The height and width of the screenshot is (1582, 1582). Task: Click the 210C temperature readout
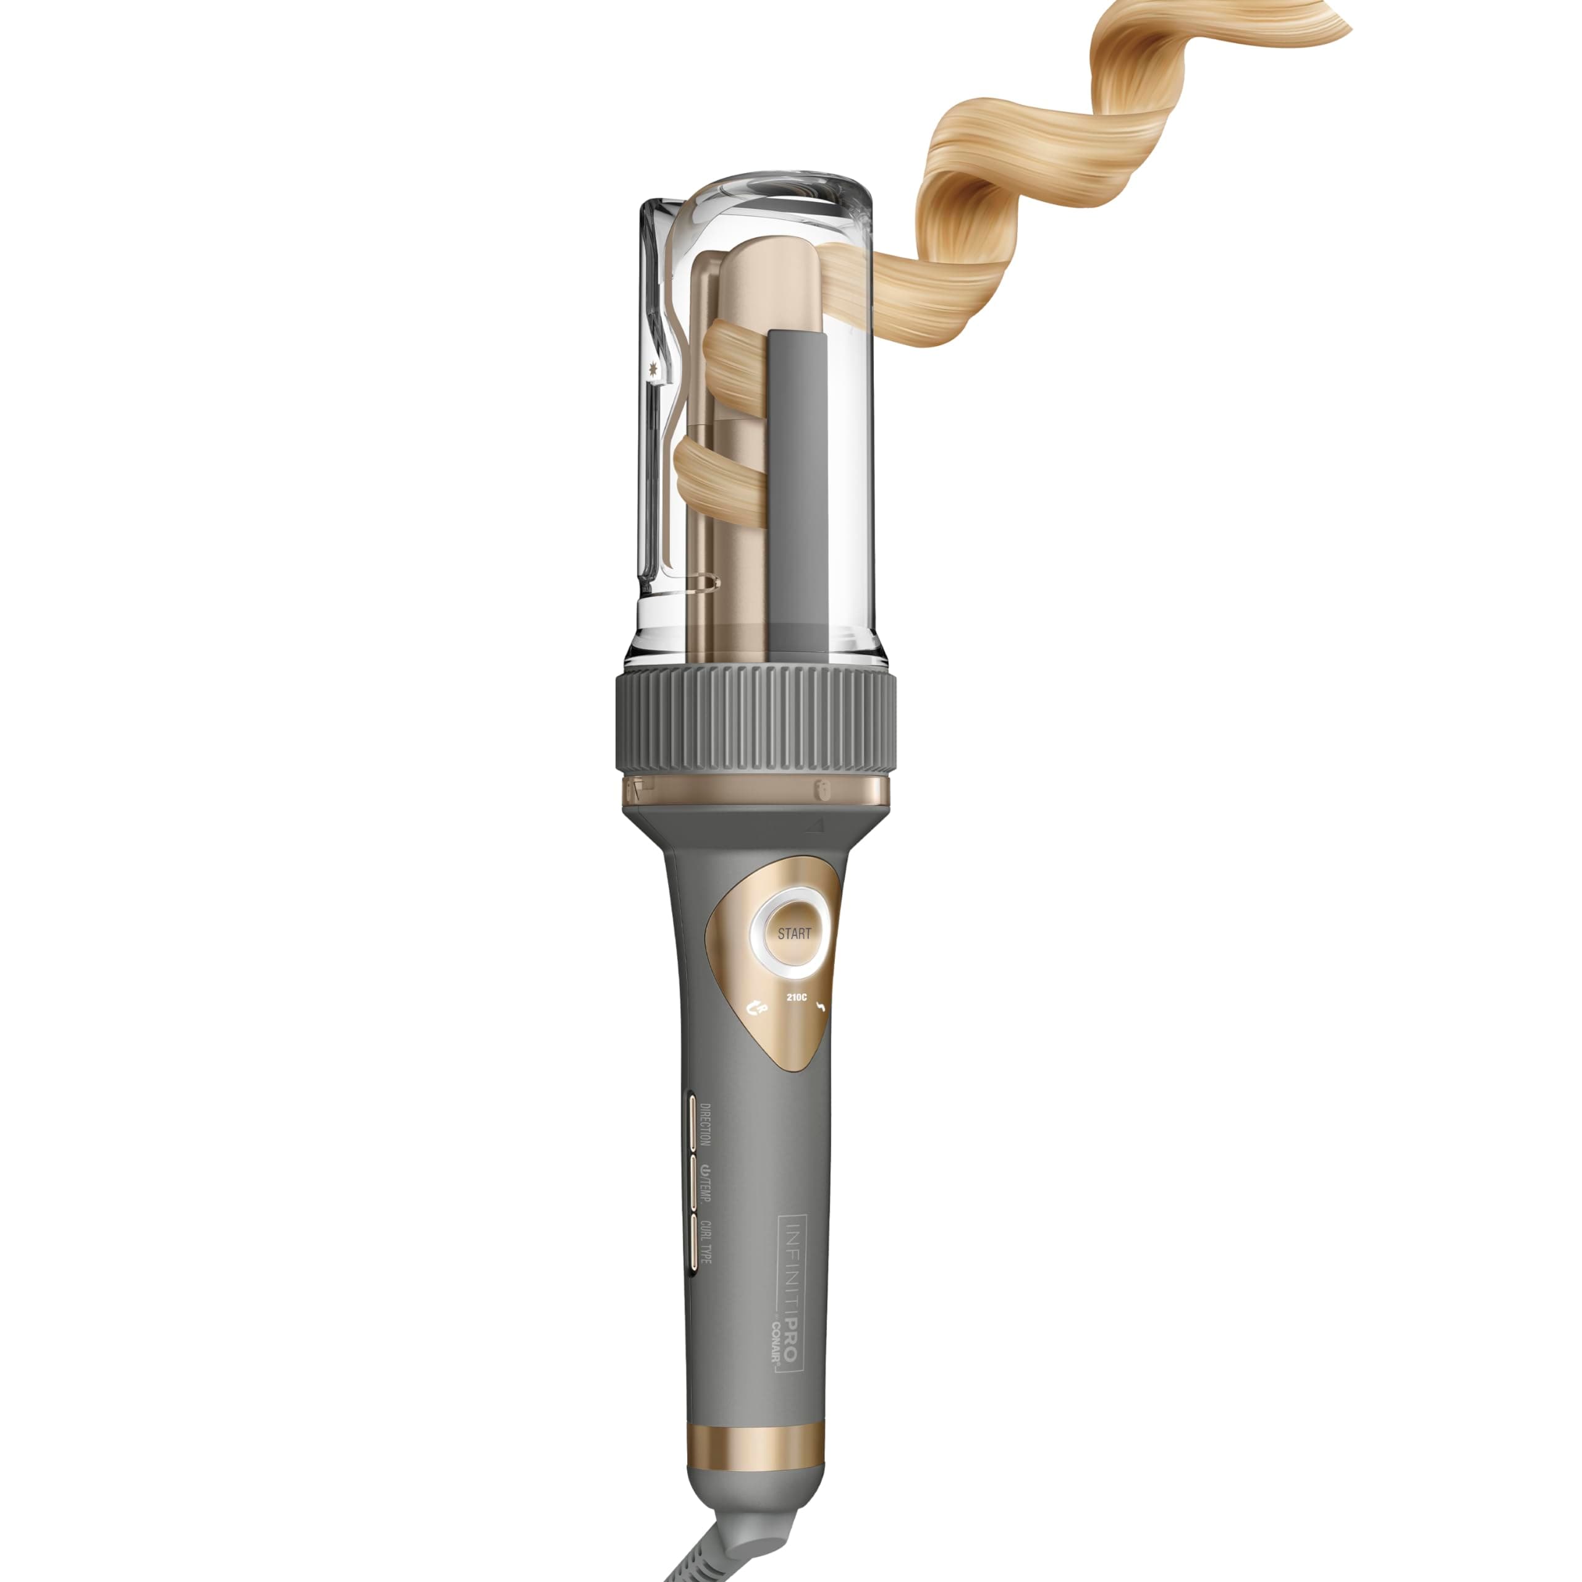796,998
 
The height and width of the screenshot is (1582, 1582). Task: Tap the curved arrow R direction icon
758,1010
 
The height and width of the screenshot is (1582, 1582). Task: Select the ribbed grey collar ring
755,721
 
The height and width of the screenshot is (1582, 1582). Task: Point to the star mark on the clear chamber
652,368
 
